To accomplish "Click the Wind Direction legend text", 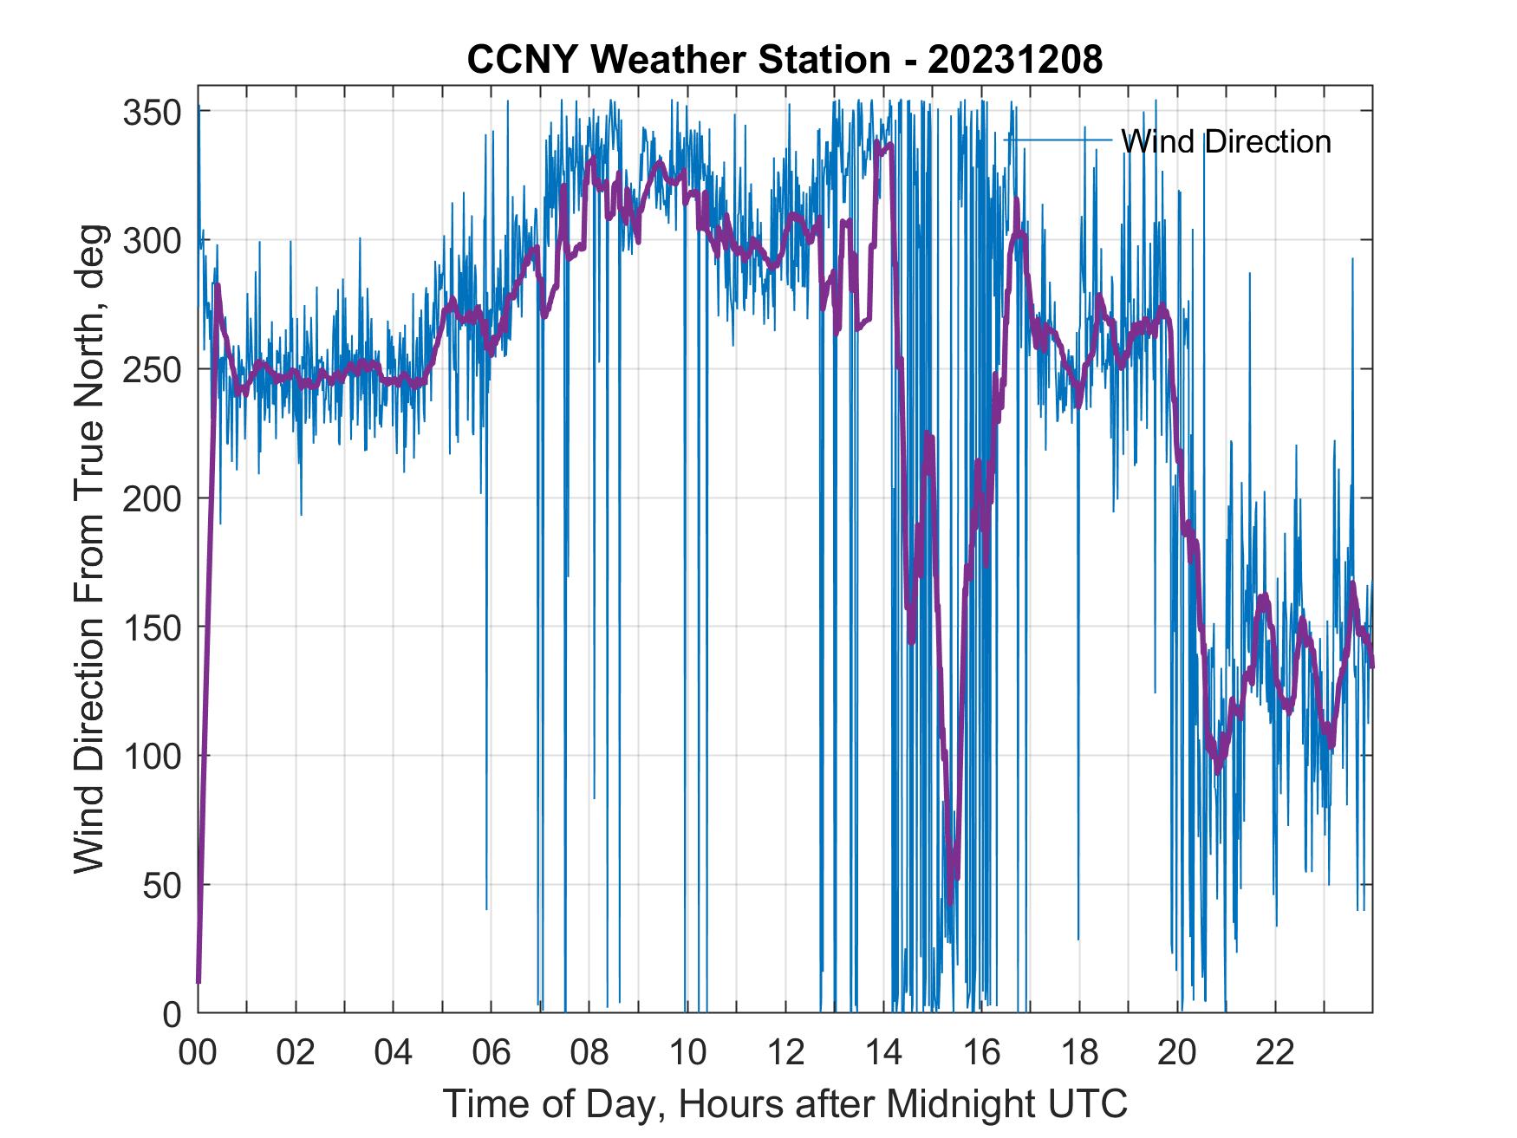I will [1226, 141].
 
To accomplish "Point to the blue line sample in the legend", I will [1058, 140].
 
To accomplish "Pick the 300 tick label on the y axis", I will [153, 240].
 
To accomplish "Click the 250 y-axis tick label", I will [153, 369].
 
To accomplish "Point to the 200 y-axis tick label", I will [153, 498].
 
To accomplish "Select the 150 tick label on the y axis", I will [153, 627].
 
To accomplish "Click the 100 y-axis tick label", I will [153, 756].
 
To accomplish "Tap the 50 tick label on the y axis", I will [162, 885].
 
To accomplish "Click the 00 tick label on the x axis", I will [198, 1053].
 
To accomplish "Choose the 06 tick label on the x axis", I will [492, 1053].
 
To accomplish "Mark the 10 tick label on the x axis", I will [687, 1053].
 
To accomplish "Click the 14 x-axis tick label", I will [883, 1053].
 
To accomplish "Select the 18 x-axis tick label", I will [1079, 1053].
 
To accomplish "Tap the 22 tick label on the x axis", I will [1275, 1053].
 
